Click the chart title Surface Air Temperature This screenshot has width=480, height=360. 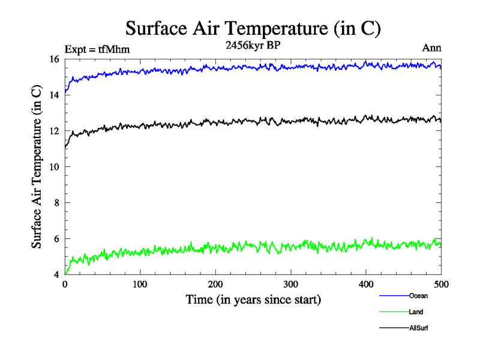(x=253, y=28)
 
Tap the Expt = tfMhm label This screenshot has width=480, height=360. (x=97, y=49)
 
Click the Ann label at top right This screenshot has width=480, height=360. (x=432, y=49)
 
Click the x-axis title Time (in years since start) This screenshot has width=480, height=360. (x=253, y=299)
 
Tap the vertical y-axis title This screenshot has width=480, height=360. (x=37, y=167)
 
